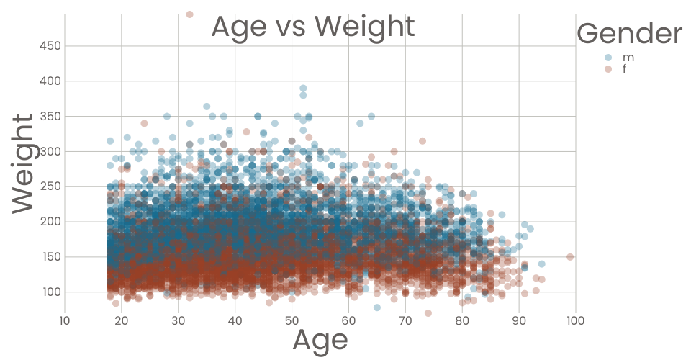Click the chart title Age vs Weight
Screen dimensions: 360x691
tap(312, 27)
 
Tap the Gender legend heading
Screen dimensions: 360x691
tap(629, 33)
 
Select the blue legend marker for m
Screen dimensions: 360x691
tap(608, 58)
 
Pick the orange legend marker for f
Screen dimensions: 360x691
tap(608, 69)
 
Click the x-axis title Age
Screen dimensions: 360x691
tap(320, 339)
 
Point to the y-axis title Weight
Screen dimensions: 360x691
tap(23, 162)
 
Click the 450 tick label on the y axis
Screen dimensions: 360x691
tap(50, 46)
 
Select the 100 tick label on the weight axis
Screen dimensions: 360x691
tap(50, 292)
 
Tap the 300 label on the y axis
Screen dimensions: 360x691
tap(50, 152)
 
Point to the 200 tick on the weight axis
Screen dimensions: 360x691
tap(50, 222)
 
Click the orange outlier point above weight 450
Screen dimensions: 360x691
tap(189, 14)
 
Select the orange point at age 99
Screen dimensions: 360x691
tap(570, 257)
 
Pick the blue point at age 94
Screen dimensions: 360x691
tap(541, 264)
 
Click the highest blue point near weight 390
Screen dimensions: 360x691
tap(303, 89)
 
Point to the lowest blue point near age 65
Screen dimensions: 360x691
tap(376, 307)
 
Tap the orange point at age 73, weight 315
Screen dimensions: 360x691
tap(423, 141)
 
